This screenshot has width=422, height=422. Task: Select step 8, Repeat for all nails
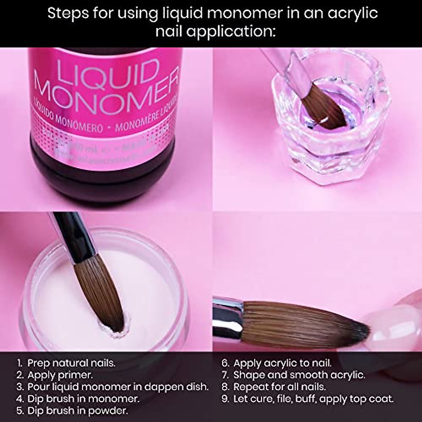[x=274, y=387]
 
